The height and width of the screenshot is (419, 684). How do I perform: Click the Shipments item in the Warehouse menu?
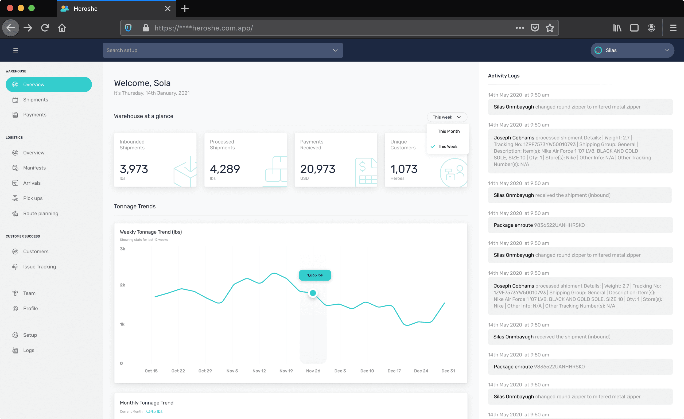point(36,100)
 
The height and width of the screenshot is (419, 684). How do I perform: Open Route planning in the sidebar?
point(41,213)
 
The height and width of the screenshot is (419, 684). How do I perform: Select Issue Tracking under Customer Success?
point(40,267)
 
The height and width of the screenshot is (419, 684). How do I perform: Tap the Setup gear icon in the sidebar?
point(15,335)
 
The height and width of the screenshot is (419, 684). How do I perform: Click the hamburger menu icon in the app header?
point(15,50)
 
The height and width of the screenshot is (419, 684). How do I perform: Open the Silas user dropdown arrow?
point(667,50)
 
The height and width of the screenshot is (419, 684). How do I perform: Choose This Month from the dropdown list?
point(449,131)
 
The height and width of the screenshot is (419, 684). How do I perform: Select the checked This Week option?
point(447,146)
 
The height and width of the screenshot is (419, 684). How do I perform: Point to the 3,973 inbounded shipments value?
point(134,169)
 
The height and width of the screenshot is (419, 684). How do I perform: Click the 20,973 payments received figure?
point(318,169)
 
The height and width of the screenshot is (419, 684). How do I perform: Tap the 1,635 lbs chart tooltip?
point(315,275)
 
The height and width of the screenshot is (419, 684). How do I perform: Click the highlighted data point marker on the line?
point(313,293)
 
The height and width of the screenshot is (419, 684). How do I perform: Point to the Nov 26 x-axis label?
point(313,371)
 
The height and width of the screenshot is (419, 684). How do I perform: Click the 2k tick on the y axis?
point(122,285)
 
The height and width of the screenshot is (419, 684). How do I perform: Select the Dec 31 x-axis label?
point(448,371)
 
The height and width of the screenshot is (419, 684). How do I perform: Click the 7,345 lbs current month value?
point(154,411)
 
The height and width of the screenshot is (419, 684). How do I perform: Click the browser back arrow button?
point(10,28)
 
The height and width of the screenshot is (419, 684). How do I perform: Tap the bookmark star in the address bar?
point(550,28)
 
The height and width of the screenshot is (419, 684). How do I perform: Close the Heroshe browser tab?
point(168,9)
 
